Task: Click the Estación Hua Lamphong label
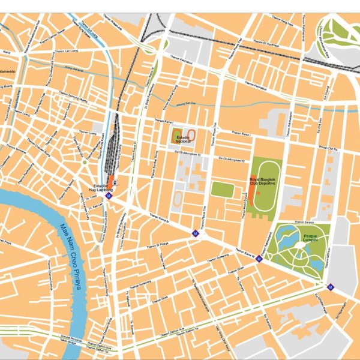[x=100, y=188]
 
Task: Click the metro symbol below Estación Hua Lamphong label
[x=109, y=196]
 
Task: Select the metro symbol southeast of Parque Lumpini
[x=329, y=287]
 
